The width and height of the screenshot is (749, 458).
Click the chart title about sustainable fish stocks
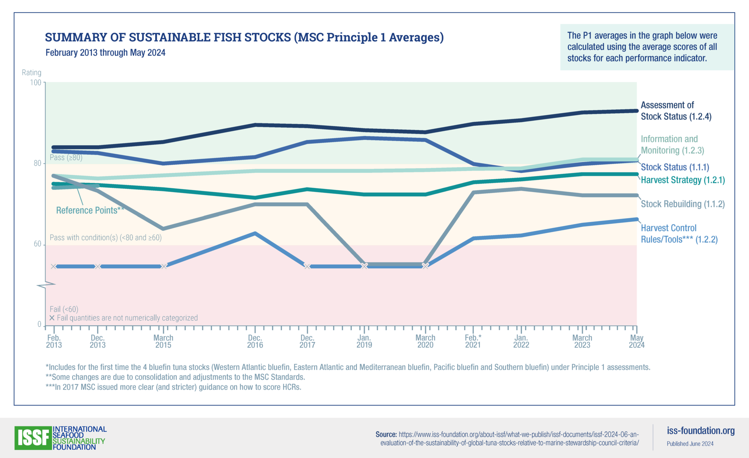(x=244, y=37)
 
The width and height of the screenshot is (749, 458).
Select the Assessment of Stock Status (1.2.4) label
(x=676, y=111)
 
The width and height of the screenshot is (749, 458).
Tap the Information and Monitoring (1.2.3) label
(x=672, y=145)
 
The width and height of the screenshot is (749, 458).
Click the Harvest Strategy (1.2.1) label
(x=683, y=180)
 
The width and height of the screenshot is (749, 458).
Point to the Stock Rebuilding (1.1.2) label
(x=683, y=204)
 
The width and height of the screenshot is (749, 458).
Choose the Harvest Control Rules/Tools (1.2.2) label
(x=679, y=233)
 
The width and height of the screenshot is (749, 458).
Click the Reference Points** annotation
(x=90, y=210)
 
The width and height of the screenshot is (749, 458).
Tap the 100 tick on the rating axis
(x=35, y=82)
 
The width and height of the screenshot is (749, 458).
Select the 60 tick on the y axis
(x=37, y=244)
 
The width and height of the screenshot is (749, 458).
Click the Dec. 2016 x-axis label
(x=255, y=341)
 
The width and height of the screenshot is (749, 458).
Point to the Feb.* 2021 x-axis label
(x=473, y=341)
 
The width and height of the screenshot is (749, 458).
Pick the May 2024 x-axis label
(x=636, y=341)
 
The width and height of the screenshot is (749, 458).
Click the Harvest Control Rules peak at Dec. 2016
(x=255, y=233)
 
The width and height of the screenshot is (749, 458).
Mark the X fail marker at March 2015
(x=164, y=266)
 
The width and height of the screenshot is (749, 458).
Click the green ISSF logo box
(x=33, y=438)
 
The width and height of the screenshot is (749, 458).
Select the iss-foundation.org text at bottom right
(x=701, y=431)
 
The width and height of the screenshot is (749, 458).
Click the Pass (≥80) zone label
(x=66, y=158)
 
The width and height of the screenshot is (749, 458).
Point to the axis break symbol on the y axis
(x=46, y=285)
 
